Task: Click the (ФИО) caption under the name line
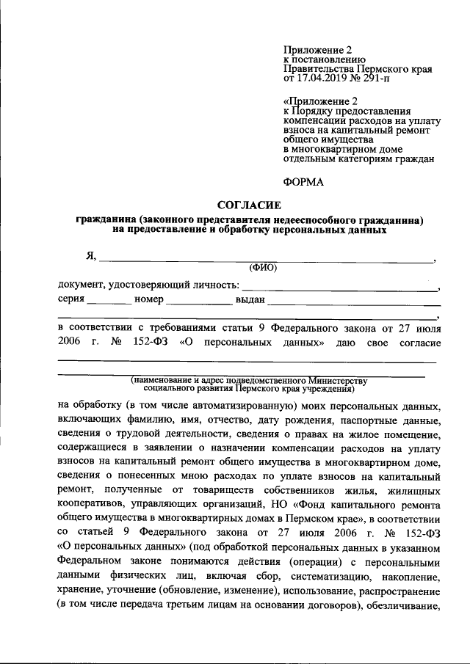(263, 268)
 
